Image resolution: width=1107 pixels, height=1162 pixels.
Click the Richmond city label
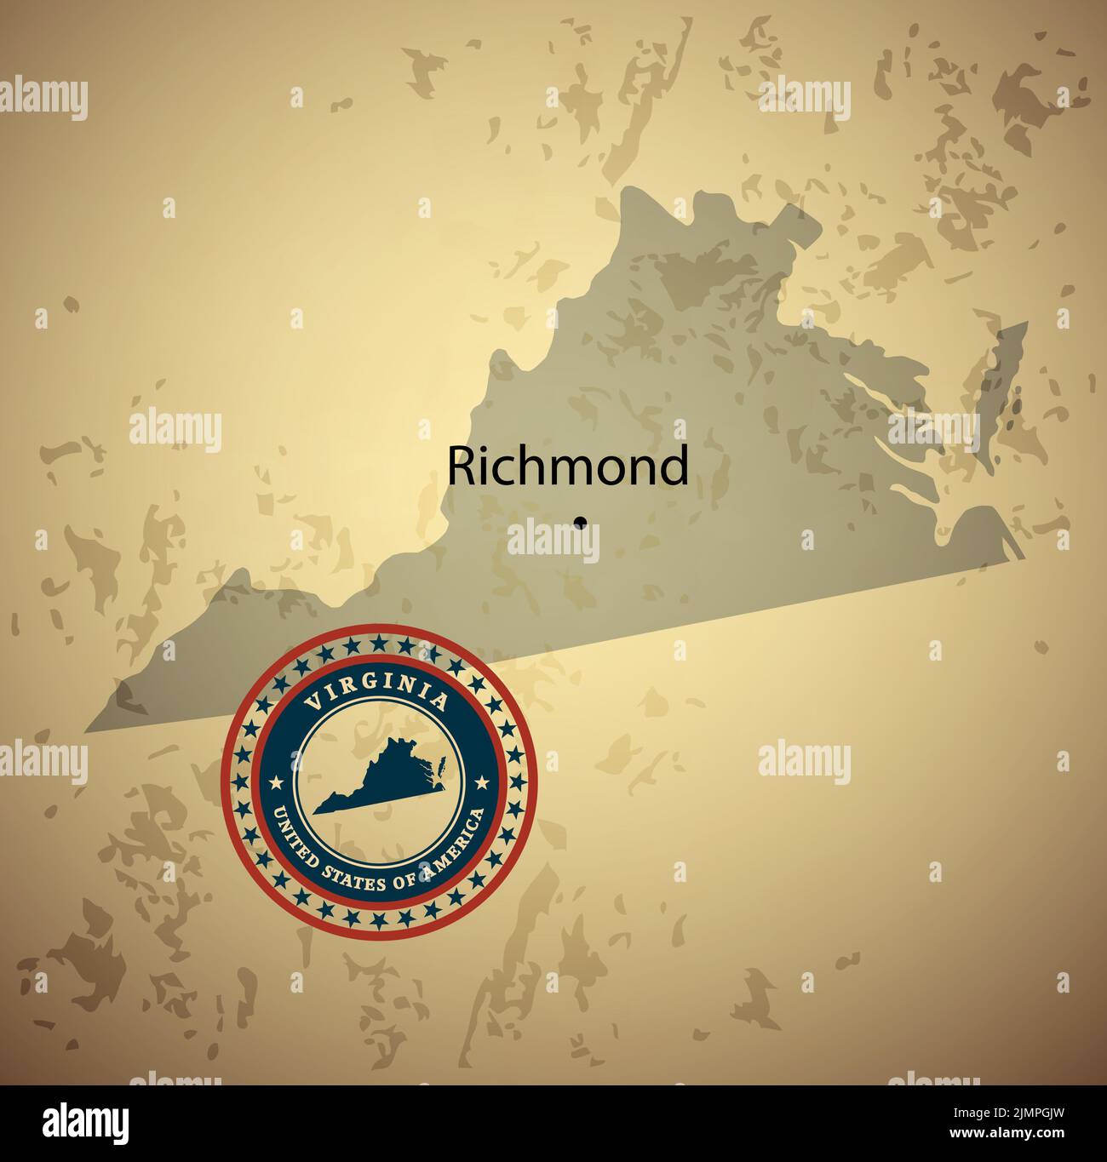tap(568, 466)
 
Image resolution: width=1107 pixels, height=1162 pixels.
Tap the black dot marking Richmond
tap(581, 521)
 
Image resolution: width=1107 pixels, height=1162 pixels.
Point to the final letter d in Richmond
tap(674, 465)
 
